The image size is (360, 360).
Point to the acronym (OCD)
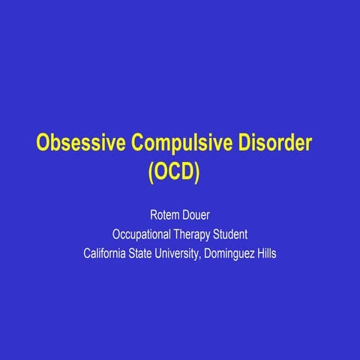(173, 172)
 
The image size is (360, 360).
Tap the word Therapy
(195, 233)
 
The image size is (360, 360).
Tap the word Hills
(266, 253)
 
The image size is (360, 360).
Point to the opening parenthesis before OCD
(150, 172)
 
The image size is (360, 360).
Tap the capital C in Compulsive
(139, 142)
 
